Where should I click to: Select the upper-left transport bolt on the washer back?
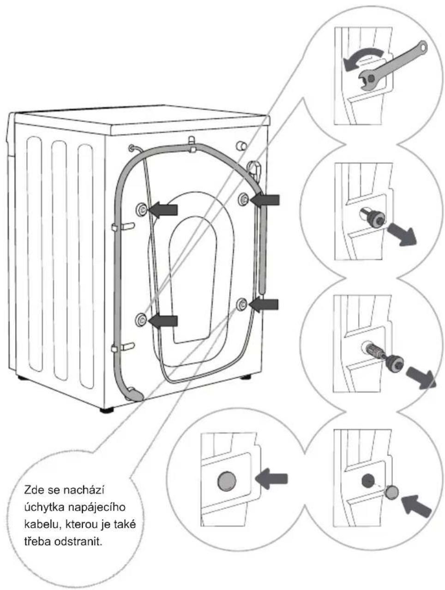pyautogui.click(x=141, y=209)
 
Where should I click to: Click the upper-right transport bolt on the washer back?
pyautogui.click(x=243, y=199)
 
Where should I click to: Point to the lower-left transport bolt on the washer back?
pyautogui.click(x=141, y=319)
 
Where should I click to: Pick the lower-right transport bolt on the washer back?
pyautogui.click(x=241, y=304)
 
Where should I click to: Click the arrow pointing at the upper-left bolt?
pyautogui.click(x=162, y=210)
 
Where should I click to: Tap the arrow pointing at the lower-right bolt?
pyautogui.click(x=263, y=304)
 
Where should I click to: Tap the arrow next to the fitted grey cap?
pyautogui.click(x=271, y=478)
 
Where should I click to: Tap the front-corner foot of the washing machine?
pyautogui.click(x=107, y=410)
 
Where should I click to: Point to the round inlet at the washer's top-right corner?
pyautogui.click(x=241, y=146)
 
